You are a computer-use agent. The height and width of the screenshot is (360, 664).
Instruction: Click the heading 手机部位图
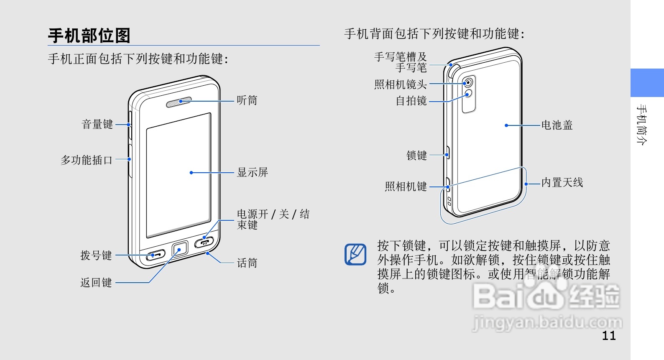click(89, 36)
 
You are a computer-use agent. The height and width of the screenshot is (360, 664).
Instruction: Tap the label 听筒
click(247, 100)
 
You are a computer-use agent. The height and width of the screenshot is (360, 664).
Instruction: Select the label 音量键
click(97, 124)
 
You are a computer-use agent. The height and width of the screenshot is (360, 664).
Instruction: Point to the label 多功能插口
click(87, 160)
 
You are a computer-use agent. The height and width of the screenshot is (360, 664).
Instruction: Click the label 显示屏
click(252, 172)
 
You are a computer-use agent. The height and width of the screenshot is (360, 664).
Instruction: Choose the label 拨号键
click(96, 255)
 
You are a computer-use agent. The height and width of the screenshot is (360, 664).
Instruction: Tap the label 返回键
click(96, 283)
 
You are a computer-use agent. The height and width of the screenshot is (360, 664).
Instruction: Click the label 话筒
click(247, 263)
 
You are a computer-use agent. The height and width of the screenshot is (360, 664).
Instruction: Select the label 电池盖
click(557, 125)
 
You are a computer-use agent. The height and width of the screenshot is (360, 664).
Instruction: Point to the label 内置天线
click(562, 183)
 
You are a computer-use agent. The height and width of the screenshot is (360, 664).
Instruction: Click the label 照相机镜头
click(400, 84)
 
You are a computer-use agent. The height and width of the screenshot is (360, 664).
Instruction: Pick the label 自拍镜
click(411, 101)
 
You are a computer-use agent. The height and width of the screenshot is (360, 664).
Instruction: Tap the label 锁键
click(416, 156)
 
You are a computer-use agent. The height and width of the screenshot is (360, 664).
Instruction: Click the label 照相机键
click(406, 186)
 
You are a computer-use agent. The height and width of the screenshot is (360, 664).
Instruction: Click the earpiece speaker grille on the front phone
click(179, 102)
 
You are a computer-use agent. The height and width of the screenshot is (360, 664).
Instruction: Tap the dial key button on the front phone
click(155, 255)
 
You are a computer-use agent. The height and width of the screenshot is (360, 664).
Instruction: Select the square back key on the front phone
click(180, 250)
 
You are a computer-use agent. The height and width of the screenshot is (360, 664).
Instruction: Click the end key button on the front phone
click(204, 242)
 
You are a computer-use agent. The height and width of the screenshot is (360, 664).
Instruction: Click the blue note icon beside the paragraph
click(355, 254)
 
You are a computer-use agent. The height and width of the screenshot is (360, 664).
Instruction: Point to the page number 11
click(609, 335)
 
